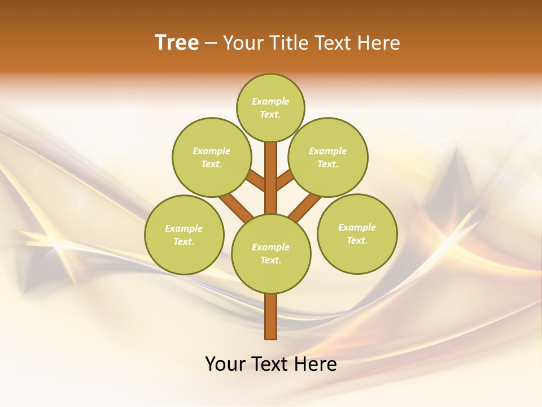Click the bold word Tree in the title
pyautogui.click(x=177, y=43)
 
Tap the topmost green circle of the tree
pyautogui.click(x=270, y=107)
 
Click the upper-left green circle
pyautogui.click(x=211, y=157)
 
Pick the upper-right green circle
pyautogui.click(x=328, y=157)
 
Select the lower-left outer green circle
pyautogui.click(x=184, y=235)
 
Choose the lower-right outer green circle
pyautogui.click(x=357, y=233)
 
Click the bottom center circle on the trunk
pyautogui.click(x=271, y=253)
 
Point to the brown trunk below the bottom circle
pyautogui.click(x=271, y=317)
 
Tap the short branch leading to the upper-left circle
pyautogui.click(x=256, y=181)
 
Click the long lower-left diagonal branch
pyautogui.click(x=236, y=208)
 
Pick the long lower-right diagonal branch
pyautogui.click(x=305, y=208)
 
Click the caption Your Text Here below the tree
pyautogui.click(x=271, y=364)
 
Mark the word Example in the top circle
pyautogui.click(x=270, y=102)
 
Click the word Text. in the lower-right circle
pyautogui.click(x=357, y=240)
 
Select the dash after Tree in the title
pyautogui.click(x=211, y=44)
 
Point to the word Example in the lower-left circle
pyautogui.click(x=184, y=228)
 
